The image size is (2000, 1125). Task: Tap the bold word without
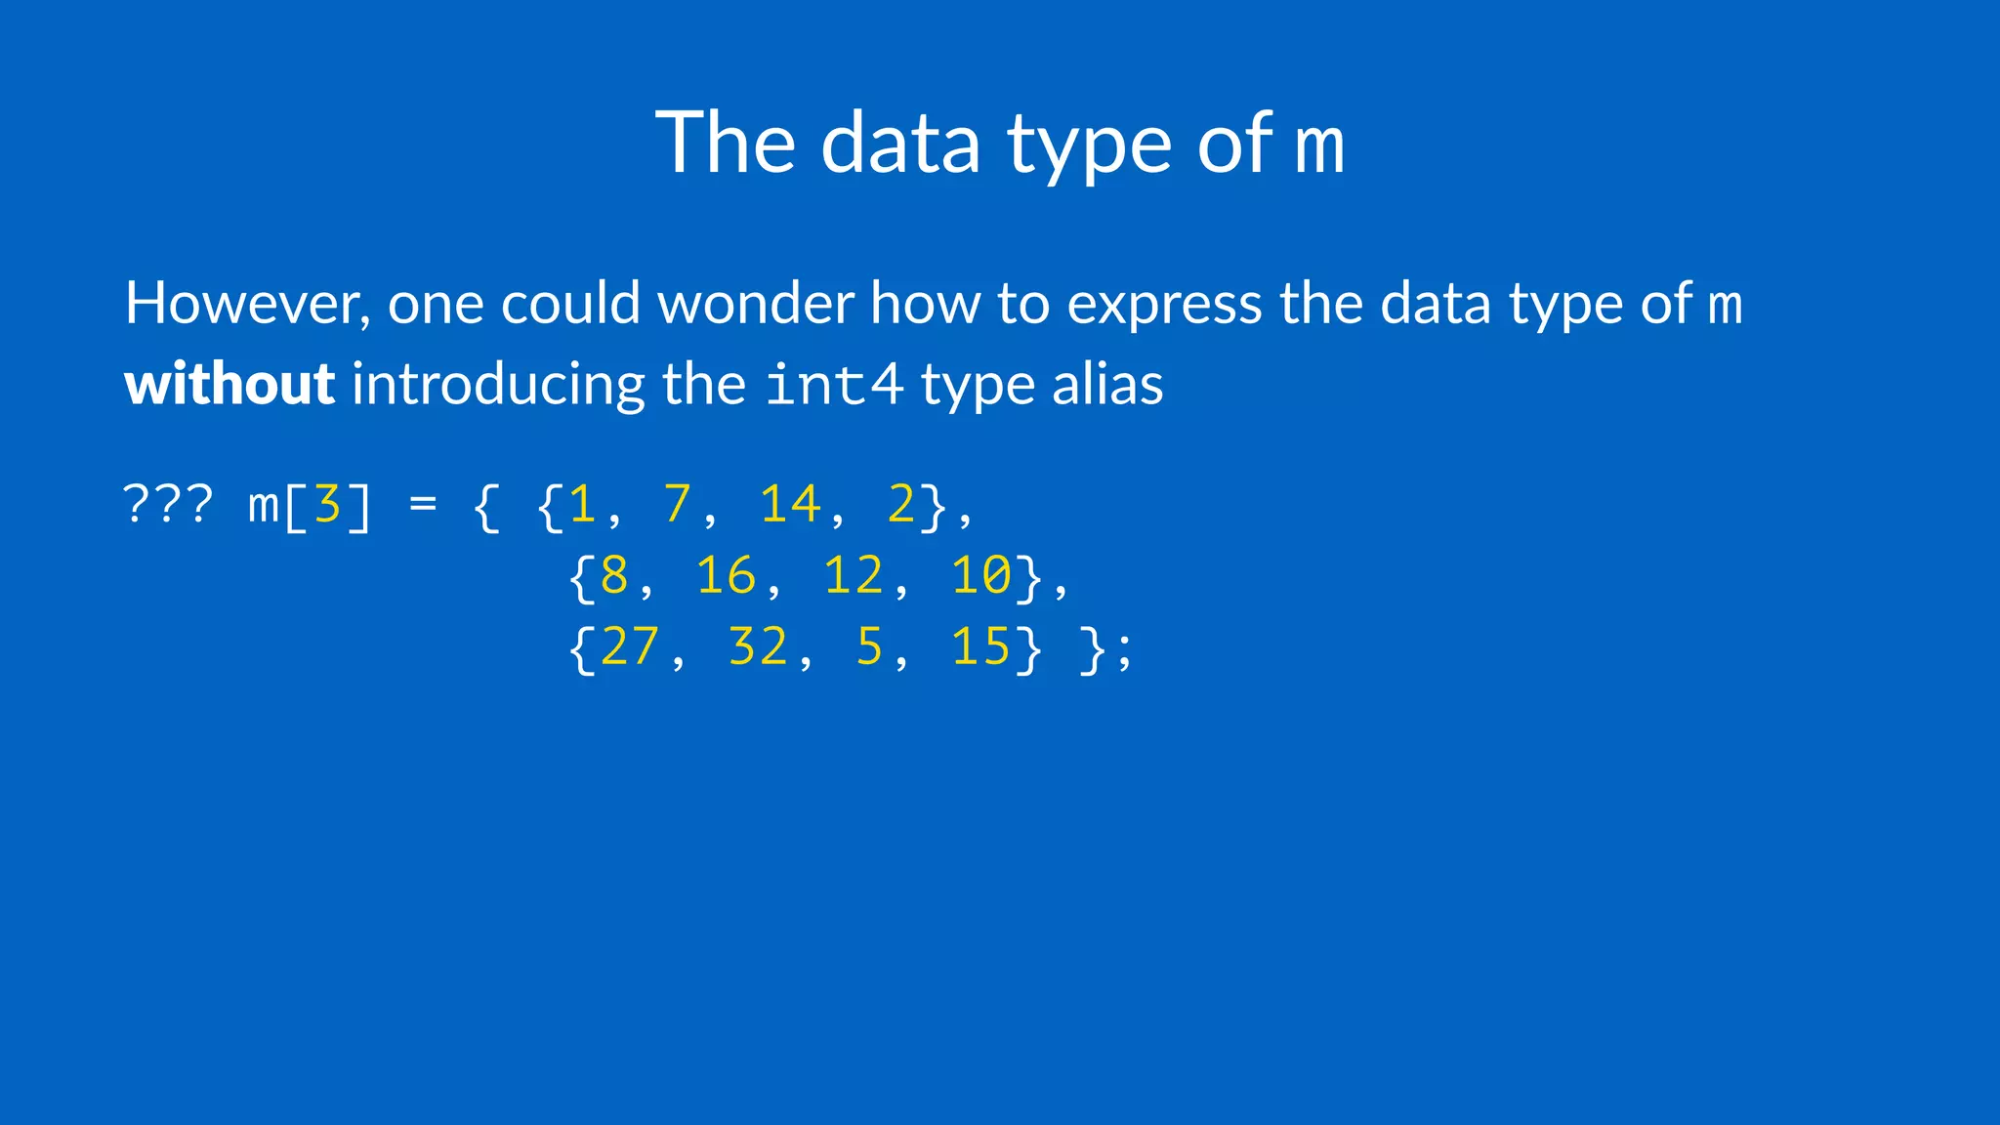coord(229,384)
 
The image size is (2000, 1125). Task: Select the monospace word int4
coord(833,384)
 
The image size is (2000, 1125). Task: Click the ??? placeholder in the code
coord(168,505)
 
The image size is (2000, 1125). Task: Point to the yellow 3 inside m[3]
coord(327,505)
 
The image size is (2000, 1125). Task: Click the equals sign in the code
coord(423,505)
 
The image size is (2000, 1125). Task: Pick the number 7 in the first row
coord(677,505)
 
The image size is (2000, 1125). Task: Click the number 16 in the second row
coord(726,575)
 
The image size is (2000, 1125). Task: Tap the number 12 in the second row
coord(854,575)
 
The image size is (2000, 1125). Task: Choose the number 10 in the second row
coord(981,575)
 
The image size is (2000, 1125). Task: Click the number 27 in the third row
coord(630,646)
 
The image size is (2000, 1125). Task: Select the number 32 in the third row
coord(758,646)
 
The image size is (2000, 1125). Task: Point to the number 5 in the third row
coord(869,646)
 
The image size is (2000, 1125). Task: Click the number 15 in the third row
coord(981,646)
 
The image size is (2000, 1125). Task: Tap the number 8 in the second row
coord(614,575)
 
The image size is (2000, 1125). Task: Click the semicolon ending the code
coord(1125,650)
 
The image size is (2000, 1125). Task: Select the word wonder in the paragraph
coord(756,304)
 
